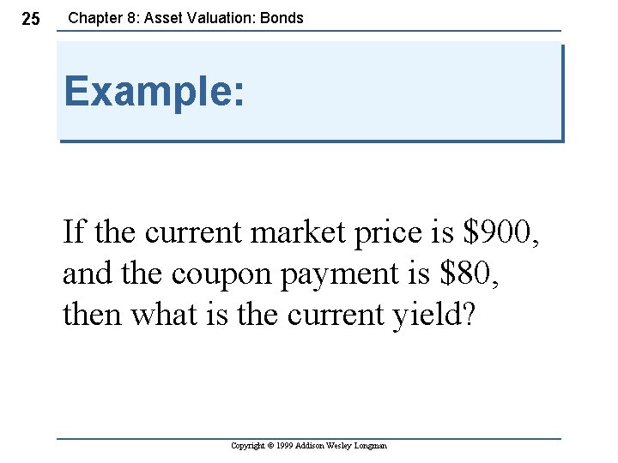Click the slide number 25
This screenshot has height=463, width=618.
30,19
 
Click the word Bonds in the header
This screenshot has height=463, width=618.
281,17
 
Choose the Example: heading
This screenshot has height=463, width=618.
154,91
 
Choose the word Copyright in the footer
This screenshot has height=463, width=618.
248,446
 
